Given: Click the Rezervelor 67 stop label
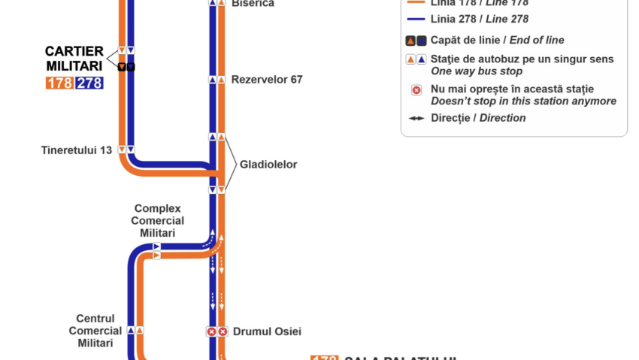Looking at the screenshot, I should click(267, 79).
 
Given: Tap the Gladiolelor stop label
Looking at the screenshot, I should click(268, 164).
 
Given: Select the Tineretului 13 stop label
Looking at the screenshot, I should click(77, 150).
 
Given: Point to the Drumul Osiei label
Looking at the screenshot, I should click(267, 331).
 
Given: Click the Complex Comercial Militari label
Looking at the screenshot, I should click(158, 220).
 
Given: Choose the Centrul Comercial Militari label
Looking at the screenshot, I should click(95, 331).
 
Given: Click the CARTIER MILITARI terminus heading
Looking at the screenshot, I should click(74, 58).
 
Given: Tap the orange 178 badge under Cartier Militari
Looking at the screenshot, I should click(59, 83).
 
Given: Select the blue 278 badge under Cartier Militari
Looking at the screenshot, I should click(89, 83).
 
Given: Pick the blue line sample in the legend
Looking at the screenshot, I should click(416, 19).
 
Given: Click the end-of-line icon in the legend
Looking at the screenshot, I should click(416, 41).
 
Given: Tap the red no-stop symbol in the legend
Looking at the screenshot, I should click(416, 91).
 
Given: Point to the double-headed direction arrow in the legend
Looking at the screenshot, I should click(416, 118).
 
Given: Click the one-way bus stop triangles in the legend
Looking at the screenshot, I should click(416, 59).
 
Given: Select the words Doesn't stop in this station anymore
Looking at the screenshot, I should click(523, 101).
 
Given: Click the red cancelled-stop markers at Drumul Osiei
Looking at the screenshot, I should click(217, 331).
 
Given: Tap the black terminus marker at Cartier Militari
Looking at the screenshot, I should click(126, 67).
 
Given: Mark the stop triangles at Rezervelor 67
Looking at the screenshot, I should click(217, 79).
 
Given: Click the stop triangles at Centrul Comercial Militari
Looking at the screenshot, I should click(135, 330).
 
